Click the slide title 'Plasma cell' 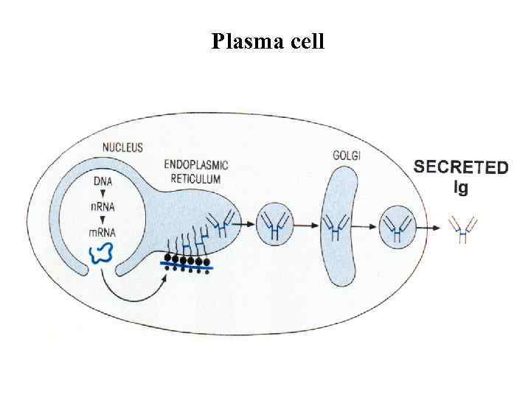[x=267, y=41]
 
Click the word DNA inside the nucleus [x=103, y=180]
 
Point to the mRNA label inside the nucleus [x=103, y=233]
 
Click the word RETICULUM [x=194, y=178]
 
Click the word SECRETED [x=460, y=167]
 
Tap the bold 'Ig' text [x=460, y=187]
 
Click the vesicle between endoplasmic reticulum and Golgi [x=274, y=225]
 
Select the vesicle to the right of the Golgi [x=398, y=226]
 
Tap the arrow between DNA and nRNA [x=103, y=193]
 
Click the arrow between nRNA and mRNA [x=103, y=220]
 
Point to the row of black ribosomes [x=186, y=260]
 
